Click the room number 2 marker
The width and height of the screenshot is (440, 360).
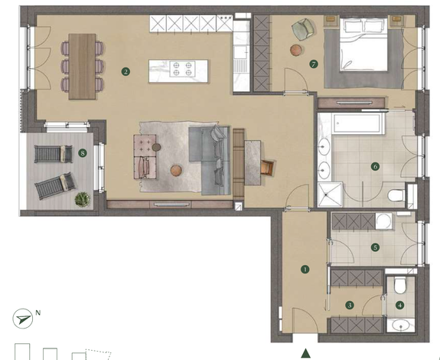point(125,71)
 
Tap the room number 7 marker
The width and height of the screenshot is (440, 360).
point(314,64)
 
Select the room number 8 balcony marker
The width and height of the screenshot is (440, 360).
point(83,153)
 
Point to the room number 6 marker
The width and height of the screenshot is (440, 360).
point(375,166)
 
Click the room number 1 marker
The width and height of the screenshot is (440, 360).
point(305,270)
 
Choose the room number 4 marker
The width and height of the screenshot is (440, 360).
point(400,306)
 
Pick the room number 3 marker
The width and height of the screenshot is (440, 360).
point(350,305)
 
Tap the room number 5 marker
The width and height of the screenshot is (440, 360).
point(375,247)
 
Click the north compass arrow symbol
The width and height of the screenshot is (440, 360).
point(23,319)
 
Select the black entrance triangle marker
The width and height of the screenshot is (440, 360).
point(306,353)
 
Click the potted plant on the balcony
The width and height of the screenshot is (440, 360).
point(83,199)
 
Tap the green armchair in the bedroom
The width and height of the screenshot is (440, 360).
point(303,28)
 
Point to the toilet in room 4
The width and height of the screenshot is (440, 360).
point(400,285)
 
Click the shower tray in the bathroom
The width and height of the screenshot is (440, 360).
point(330,195)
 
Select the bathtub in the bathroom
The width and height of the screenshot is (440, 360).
point(356,123)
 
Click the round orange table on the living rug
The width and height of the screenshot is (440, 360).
point(176,171)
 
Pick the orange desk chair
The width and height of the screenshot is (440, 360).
point(267,168)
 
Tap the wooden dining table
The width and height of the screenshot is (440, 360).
point(82,67)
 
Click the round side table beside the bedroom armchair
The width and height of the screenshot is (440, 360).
point(296,51)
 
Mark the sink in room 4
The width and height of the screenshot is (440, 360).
point(401,326)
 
